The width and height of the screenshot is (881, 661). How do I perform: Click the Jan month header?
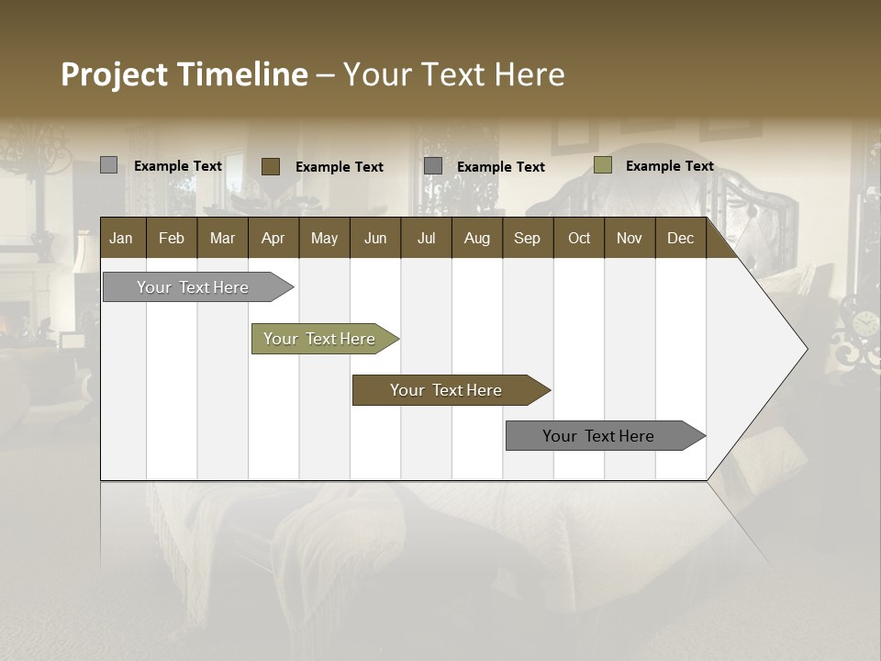pyautogui.click(x=121, y=239)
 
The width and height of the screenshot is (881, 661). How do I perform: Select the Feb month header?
pyautogui.click(x=172, y=239)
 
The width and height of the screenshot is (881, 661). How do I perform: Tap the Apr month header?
pyautogui.click(x=273, y=239)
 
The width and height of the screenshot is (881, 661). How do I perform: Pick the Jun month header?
pyautogui.click(x=374, y=239)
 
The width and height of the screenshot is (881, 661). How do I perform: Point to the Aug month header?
pyautogui.click(x=476, y=239)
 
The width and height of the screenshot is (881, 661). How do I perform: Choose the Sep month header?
pyautogui.click(x=527, y=239)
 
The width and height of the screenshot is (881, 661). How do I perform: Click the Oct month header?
pyautogui.click(x=579, y=239)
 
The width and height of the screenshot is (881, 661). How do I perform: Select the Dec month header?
pyautogui.click(x=680, y=239)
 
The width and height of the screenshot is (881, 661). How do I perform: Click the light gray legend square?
pyautogui.click(x=108, y=165)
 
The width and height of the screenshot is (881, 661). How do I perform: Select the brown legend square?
pyautogui.click(x=270, y=166)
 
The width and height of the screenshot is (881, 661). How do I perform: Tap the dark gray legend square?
pyautogui.click(x=433, y=166)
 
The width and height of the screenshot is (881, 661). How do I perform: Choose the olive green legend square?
pyautogui.click(x=602, y=165)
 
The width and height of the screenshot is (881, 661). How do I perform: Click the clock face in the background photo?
pyautogui.click(x=864, y=323)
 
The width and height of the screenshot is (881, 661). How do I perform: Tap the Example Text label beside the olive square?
pyautogui.click(x=669, y=166)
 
